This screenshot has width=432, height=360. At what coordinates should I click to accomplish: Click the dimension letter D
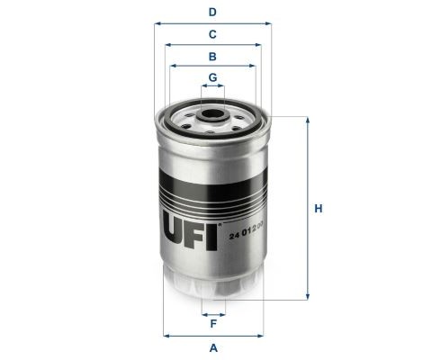coord(212,13)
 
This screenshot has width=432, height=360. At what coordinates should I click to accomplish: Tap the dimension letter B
coord(212,56)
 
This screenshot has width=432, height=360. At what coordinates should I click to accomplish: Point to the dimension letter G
coord(212,77)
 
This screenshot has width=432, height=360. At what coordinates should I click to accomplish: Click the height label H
coord(318,209)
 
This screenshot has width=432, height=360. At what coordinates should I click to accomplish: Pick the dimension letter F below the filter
coord(212,323)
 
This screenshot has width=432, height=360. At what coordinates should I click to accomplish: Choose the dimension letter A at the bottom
coord(212,347)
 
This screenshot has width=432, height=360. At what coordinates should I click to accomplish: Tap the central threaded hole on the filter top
coord(213,115)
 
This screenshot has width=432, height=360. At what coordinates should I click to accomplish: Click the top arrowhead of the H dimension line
coord(309,120)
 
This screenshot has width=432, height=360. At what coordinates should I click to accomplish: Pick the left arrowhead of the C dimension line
coord(165,45)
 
